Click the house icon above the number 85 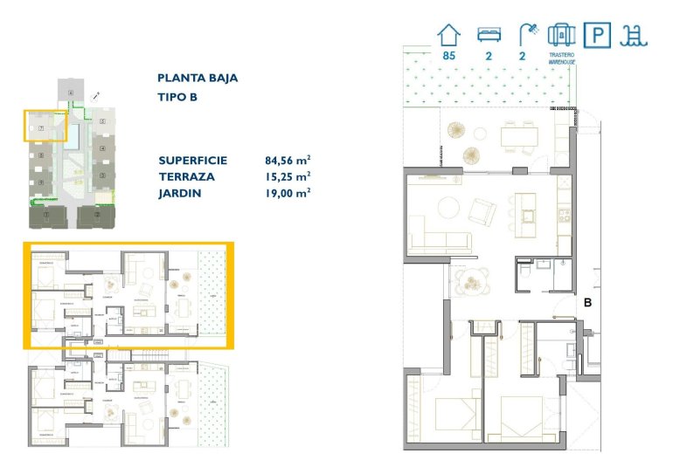(449, 34)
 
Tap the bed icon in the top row (489, 34)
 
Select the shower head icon (526, 34)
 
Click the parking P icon (597, 34)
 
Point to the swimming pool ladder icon (633, 34)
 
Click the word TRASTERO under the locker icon (561, 55)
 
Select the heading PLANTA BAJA (198, 78)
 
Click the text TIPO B (177, 97)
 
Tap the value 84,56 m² (288, 161)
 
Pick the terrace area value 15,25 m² (288, 176)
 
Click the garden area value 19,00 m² (288, 192)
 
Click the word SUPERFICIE (193, 161)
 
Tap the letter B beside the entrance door (587, 304)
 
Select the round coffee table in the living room (447, 208)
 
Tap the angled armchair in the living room (482, 210)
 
